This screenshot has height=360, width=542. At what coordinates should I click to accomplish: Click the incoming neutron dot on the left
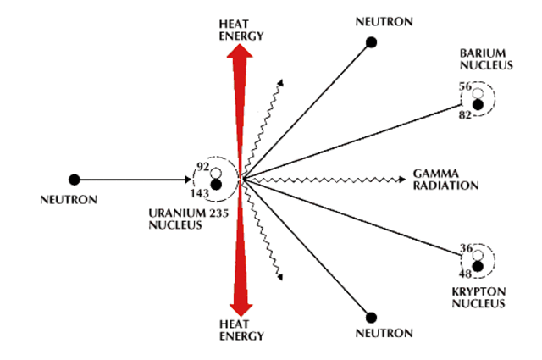pyautogui.click(x=75, y=180)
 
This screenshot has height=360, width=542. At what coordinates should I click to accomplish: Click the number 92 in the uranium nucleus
pyautogui.click(x=202, y=168)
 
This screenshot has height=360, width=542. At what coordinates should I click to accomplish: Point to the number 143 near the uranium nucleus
pyautogui.click(x=200, y=194)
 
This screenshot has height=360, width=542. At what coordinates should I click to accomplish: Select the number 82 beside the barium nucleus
pyautogui.click(x=464, y=114)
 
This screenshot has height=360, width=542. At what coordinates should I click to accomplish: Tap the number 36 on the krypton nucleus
pyautogui.click(x=465, y=248)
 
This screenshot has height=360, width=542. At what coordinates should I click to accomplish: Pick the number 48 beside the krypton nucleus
pyautogui.click(x=465, y=274)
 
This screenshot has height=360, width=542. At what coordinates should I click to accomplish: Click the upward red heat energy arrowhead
pyautogui.click(x=242, y=53)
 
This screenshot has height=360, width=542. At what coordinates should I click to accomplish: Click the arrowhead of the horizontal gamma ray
pyautogui.click(x=401, y=180)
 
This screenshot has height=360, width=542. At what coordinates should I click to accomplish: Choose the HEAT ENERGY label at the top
pyautogui.click(x=242, y=30)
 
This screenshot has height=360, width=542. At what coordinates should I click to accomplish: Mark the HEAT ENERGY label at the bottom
pyautogui.click(x=242, y=330)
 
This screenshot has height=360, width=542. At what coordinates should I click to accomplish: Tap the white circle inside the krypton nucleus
pyautogui.click(x=478, y=254)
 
